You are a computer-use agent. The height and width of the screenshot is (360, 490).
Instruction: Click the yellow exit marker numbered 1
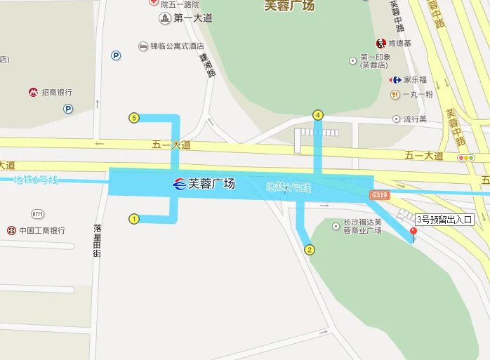134,219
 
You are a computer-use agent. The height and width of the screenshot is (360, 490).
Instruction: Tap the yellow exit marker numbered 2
310,249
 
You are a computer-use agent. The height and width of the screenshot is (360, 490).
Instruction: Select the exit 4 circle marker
318,115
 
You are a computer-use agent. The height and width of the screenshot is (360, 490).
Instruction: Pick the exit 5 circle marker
134,118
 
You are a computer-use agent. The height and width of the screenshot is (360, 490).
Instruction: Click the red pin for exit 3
413,232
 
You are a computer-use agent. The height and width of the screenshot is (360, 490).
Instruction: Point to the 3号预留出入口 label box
445,219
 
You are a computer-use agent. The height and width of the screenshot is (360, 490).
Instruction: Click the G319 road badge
380,194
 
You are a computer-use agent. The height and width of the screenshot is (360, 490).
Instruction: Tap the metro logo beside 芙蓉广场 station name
180,185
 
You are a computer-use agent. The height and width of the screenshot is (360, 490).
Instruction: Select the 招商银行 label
57,92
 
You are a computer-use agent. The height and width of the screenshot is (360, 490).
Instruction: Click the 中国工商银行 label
42,230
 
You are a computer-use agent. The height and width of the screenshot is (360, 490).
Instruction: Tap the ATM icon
37,213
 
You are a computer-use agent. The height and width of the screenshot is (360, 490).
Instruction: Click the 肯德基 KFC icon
381,44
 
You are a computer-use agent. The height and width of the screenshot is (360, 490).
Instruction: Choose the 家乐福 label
414,80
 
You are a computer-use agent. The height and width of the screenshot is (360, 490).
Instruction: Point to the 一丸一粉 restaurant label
418,94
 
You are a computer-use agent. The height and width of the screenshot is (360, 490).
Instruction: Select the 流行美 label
414,119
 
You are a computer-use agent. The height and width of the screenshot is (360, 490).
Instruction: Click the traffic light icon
465,158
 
